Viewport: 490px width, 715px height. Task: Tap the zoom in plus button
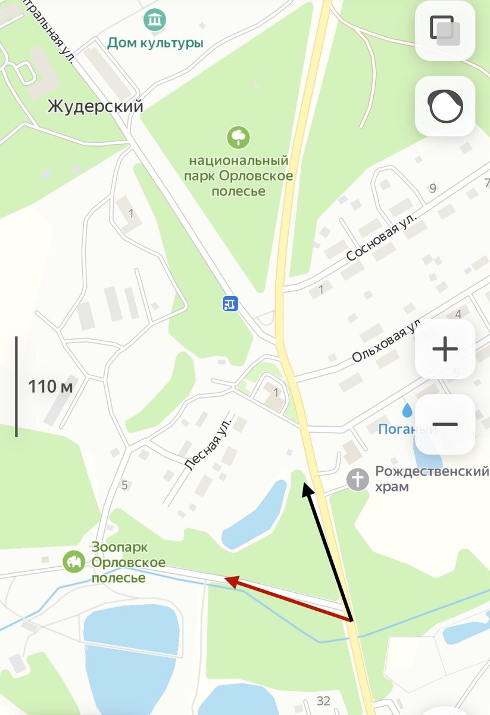tap(445, 349)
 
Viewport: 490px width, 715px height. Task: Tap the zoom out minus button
tap(445, 425)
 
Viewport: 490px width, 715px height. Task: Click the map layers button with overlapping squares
tap(445, 30)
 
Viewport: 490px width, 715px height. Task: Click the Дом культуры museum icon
tap(155, 21)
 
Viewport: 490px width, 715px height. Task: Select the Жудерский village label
tap(95, 107)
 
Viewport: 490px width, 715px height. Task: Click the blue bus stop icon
tap(230, 303)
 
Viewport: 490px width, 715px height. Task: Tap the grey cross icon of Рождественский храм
tap(357, 479)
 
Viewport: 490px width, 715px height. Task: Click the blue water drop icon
tap(407, 410)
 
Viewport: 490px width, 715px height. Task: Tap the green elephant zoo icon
tap(74, 561)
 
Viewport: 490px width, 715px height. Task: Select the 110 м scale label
tap(50, 387)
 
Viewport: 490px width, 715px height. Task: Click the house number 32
tap(323, 701)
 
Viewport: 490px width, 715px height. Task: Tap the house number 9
tap(433, 189)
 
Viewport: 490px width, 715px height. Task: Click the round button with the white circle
tap(445, 106)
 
